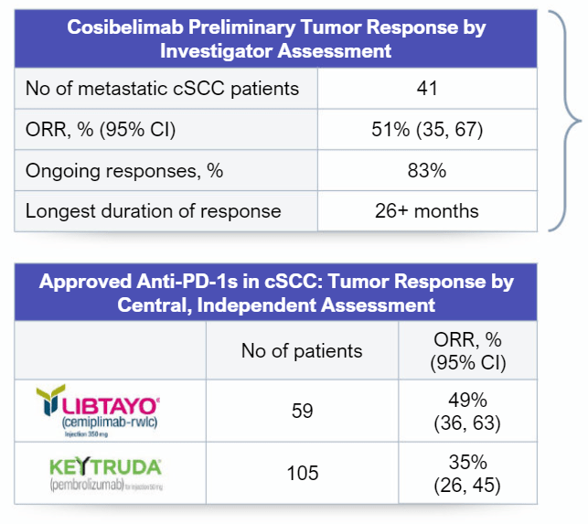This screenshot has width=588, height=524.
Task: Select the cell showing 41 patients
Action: click(x=425, y=90)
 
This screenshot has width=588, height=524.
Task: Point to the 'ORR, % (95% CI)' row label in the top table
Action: click(x=100, y=130)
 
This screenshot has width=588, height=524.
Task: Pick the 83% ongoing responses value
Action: click(x=425, y=170)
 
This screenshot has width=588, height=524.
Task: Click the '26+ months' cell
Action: click(x=425, y=210)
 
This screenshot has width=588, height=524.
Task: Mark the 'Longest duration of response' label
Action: click(x=154, y=210)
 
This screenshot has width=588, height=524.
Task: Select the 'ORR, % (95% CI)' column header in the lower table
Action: click(x=467, y=351)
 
